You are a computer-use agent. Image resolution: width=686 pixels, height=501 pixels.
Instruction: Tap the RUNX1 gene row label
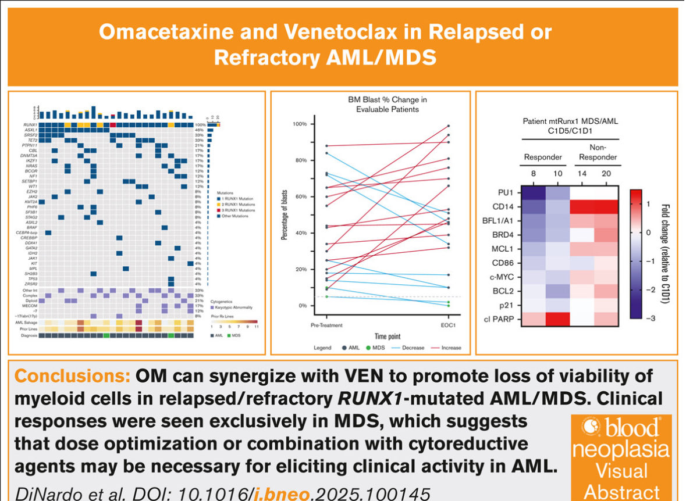coord(31,124)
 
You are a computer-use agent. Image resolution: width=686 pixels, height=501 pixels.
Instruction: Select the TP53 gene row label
coord(33,278)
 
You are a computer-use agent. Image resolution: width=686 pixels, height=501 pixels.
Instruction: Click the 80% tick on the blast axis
coord(301,160)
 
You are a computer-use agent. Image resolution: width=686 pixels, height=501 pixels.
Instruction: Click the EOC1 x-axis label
coord(447,326)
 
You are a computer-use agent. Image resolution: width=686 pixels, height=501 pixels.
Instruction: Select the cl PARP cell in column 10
coord(556,320)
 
